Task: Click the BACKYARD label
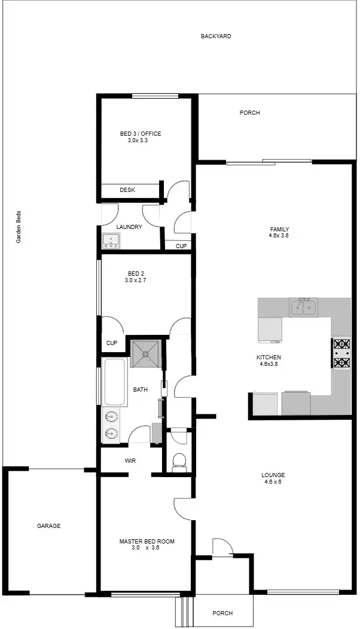coord(216,36)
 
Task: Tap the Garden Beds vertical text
coord(19,227)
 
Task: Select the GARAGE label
coord(49,526)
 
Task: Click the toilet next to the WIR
coord(179,462)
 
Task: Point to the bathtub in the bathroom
coord(113,381)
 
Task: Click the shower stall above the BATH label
coord(145,353)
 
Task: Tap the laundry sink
coord(111,241)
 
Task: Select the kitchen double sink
coord(303,307)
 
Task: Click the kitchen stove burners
coord(341,353)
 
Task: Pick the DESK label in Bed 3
coord(127,190)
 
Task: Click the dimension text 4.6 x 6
coord(273,482)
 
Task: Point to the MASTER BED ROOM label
coord(147,542)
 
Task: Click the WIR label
coord(130,461)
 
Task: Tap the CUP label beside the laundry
coord(181,246)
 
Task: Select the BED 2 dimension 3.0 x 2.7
coord(135,280)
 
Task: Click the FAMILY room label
coord(279,230)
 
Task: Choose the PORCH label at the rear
coord(249,113)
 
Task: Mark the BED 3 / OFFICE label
coord(141,134)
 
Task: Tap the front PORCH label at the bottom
coord(222,613)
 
